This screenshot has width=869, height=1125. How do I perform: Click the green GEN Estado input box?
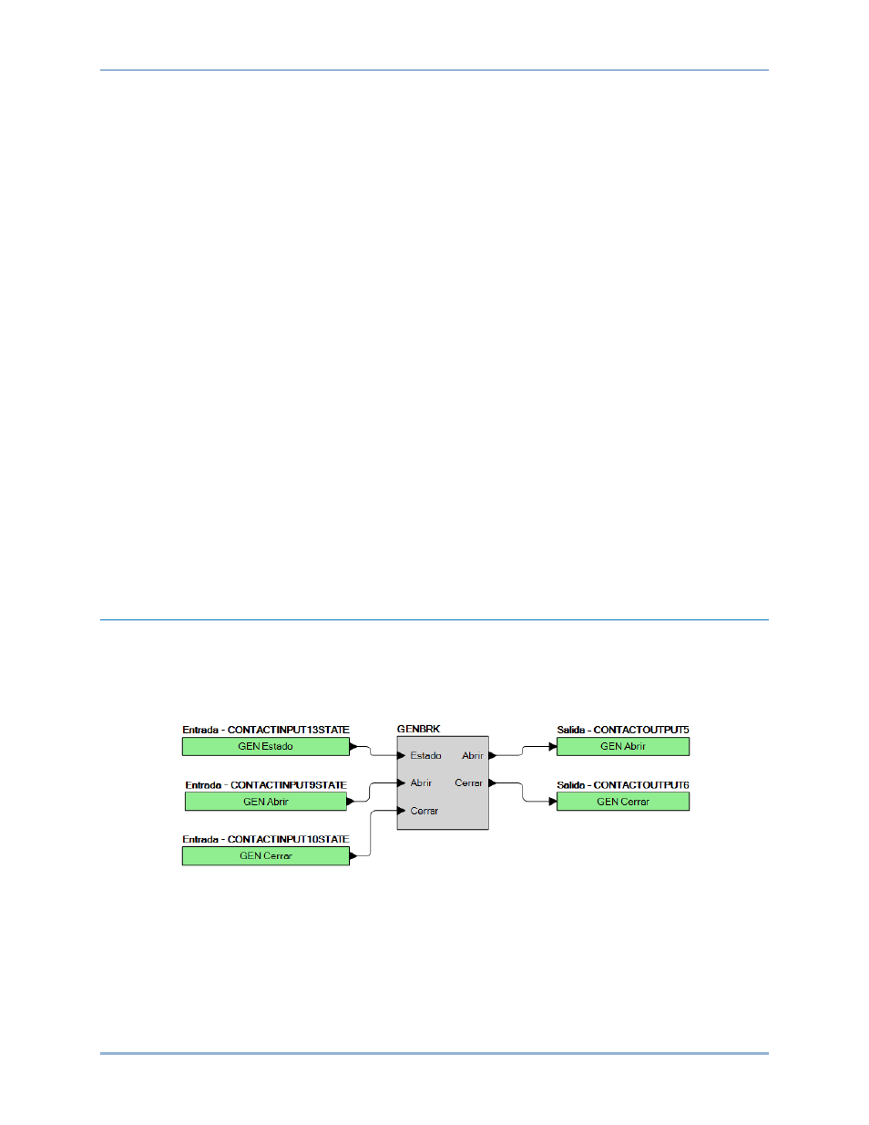(x=265, y=747)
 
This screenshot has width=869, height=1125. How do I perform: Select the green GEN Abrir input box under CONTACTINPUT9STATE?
(x=265, y=802)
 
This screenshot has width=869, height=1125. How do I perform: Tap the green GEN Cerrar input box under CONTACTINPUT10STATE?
(x=265, y=856)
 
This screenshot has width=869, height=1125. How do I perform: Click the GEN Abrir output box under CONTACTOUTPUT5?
(x=623, y=747)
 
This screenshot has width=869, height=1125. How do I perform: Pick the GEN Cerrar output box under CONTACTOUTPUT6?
(x=623, y=802)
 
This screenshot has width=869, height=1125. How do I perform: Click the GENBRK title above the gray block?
(x=418, y=729)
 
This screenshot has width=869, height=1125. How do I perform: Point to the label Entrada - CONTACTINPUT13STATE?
(x=265, y=730)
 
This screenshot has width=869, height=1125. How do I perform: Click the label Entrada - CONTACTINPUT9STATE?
(x=265, y=785)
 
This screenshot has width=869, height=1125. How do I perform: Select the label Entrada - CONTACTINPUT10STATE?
(x=265, y=839)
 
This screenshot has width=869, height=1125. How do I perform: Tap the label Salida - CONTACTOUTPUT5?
(x=623, y=730)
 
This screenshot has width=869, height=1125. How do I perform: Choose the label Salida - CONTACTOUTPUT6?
(x=623, y=785)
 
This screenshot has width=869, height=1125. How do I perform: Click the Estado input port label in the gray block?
(x=425, y=756)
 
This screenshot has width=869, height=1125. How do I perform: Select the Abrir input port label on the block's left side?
(x=421, y=782)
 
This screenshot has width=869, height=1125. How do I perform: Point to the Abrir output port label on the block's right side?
(x=473, y=756)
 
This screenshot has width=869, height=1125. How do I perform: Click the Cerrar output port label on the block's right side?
(x=468, y=782)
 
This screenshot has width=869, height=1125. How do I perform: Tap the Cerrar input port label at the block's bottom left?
(x=424, y=811)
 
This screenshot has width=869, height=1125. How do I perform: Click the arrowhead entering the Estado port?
(x=401, y=756)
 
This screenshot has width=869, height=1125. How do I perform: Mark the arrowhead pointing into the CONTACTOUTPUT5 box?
(x=553, y=747)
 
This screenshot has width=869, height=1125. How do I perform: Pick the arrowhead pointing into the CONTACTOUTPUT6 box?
(x=553, y=802)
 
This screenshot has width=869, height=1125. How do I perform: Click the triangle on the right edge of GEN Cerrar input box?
(x=353, y=856)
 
